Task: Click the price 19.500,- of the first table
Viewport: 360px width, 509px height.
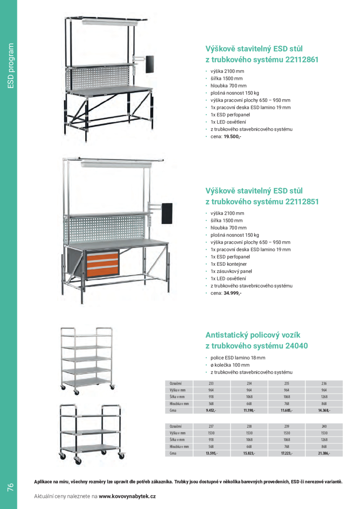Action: point(232,136)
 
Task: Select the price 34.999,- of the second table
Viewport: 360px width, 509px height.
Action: point(232,293)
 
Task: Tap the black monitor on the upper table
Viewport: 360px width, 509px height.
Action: point(149,64)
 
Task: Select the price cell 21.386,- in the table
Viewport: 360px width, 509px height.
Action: point(324,453)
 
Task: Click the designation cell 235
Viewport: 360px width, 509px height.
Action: point(286,383)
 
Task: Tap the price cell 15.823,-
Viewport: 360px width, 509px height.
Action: point(249,453)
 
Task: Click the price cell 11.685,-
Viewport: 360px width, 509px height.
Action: point(286,411)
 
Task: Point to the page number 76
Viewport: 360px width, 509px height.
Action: point(10,487)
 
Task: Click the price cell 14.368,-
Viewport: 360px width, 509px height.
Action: point(324,411)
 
